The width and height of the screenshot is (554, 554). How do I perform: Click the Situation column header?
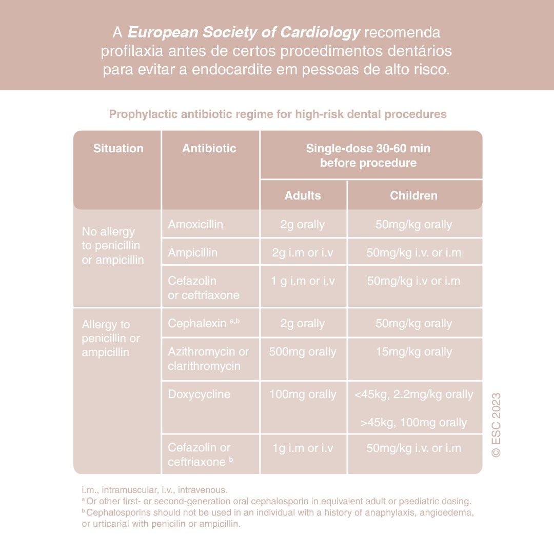point(118,149)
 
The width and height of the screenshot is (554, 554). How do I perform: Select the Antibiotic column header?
point(209,149)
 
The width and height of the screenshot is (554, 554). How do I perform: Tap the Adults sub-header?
point(303,195)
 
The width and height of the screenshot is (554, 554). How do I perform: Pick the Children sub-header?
point(413,195)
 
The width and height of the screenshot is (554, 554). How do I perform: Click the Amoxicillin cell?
point(195,225)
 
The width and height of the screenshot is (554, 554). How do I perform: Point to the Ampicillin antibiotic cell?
point(193,252)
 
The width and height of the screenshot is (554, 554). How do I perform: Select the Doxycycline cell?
point(199,394)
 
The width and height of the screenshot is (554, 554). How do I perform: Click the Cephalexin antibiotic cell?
point(197,323)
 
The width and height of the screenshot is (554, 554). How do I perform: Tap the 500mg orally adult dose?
point(303,352)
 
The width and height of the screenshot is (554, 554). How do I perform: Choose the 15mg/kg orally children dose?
point(413,352)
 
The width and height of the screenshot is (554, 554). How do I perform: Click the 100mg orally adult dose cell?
point(303,394)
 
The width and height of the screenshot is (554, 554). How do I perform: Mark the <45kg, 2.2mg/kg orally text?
point(413,394)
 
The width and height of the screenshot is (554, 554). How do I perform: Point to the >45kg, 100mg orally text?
point(413,423)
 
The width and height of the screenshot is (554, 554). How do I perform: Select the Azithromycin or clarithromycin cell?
point(208,359)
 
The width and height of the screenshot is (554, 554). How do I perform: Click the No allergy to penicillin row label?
point(113,246)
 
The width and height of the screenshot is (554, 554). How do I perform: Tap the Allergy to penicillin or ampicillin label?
point(111,339)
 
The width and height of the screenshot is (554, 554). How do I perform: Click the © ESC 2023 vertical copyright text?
point(496,425)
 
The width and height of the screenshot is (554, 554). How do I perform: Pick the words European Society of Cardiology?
point(244,33)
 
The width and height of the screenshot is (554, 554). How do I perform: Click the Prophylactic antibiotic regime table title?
point(278,114)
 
